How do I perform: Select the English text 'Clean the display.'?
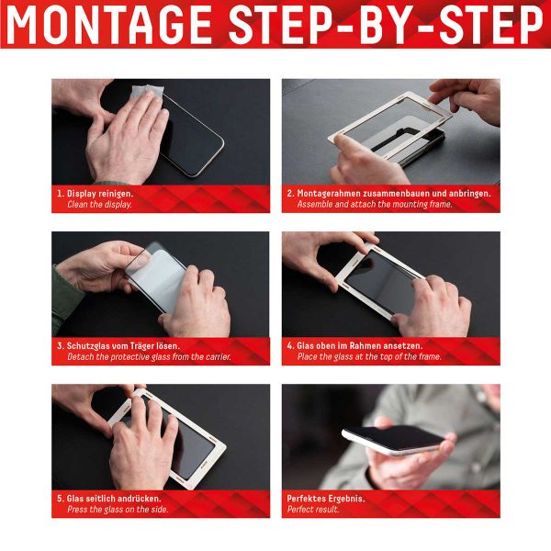click(99, 205)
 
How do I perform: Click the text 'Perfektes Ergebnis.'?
click(326, 499)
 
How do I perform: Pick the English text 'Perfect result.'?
click(313, 510)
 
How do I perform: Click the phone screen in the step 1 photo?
click(197, 138)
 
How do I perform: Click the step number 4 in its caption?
click(289, 346)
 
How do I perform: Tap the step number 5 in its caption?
click(60, 499)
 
